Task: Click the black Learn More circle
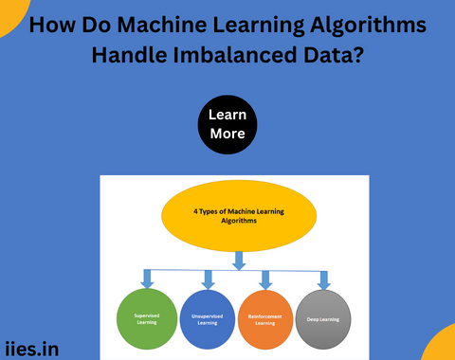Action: coord(227,124)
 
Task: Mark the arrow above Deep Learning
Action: coord(323,279)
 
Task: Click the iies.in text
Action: coord(31,349)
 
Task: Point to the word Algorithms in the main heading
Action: coord(369,24)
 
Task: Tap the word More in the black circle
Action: coord(227,134)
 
